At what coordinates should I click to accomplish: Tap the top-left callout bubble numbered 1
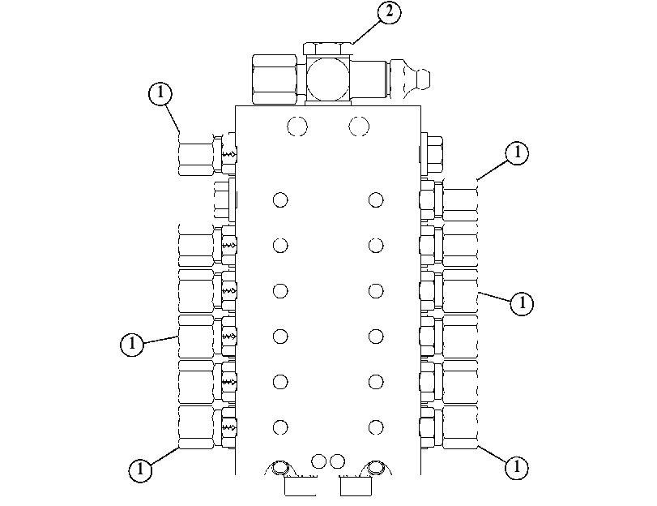click(x=160, y=92)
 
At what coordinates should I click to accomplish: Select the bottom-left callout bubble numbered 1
click(x=140, y=469)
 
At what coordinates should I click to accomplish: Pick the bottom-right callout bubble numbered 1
click(x=517, y=466)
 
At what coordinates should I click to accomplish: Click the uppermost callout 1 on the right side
click(x=517, y=152)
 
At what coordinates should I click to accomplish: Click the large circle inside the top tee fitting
click(x=327, y=79)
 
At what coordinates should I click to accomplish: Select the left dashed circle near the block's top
click(x=297, y=126)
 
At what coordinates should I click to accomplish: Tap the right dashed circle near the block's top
click(x=359, y=126)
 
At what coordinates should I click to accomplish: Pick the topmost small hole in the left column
click(x=280, y=199)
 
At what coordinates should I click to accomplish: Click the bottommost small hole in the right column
click(x=376, y=427)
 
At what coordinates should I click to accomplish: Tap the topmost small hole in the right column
click(x=376, y=199)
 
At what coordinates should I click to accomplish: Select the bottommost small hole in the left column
click(x=280, y=427)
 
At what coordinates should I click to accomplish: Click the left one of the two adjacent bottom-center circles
click(x=319, y=461)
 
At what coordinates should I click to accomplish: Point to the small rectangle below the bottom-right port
click(x=356, y=487)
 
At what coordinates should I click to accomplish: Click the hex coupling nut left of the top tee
click(x=275, y=79)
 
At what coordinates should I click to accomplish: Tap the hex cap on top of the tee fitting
click(x=327, y=49)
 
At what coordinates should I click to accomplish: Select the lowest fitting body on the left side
click(x=196, y=427)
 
